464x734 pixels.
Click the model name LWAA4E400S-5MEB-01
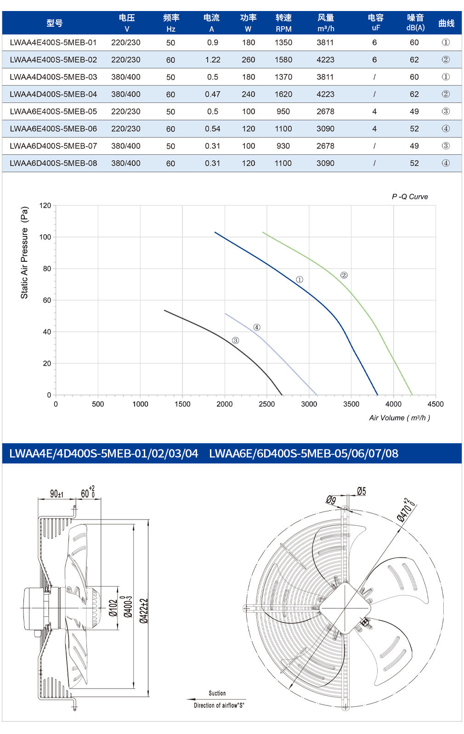tap(53, 43)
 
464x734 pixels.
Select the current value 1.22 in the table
tap(213, 60)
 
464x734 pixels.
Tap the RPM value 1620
tap(283, 94)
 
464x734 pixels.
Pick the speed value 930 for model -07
tap(283, 146)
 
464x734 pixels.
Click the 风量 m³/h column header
tap(326, 23)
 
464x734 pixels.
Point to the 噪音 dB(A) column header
tap(415, 23)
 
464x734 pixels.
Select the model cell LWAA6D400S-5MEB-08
tap(53, 163)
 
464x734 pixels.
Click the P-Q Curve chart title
tap(410, 197)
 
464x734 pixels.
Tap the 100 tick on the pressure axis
tap(45, 237)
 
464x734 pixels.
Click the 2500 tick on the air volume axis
tap(267, 404)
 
